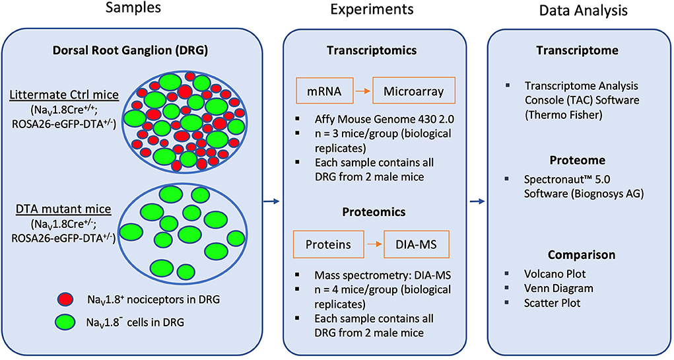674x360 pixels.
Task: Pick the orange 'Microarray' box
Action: point(414,90)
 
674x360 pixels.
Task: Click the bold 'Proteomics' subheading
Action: point(373,212)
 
